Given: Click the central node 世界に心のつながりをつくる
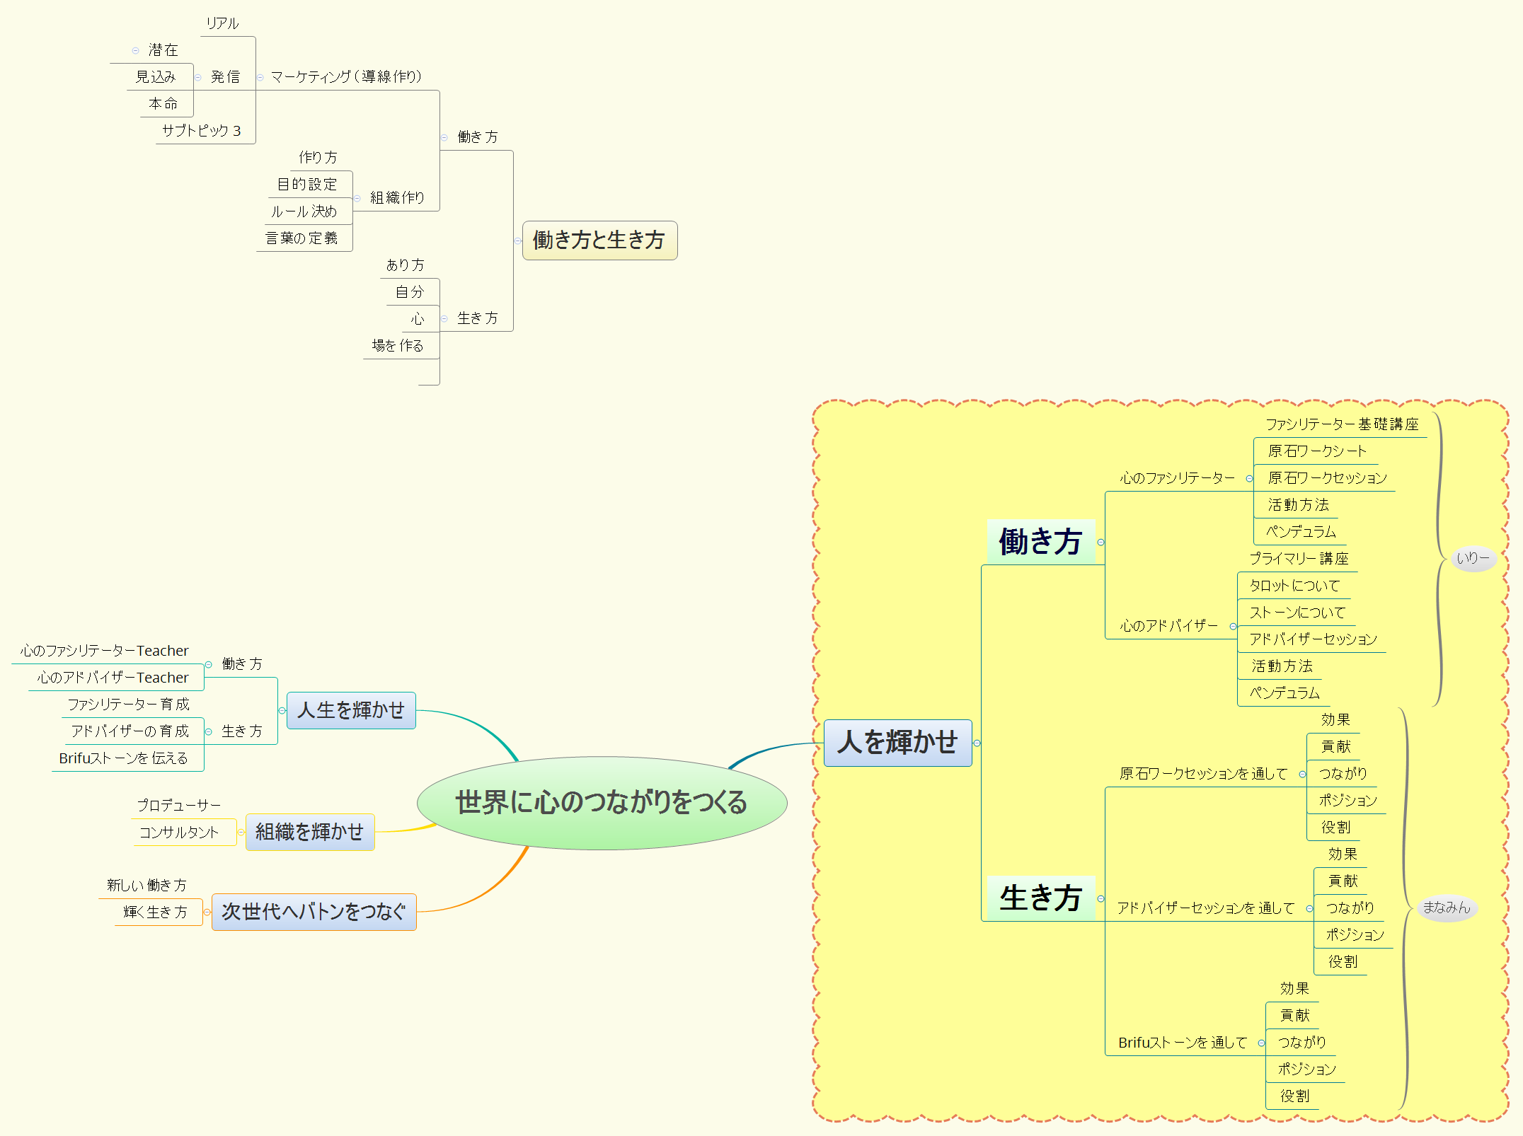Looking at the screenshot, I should (x=602, y=803).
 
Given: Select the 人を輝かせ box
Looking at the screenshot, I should (x=897, y=743).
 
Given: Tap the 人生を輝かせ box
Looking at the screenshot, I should (x=351, y=710).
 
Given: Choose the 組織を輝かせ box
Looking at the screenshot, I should (x=309, y=832).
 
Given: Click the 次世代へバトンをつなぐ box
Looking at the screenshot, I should (x=314, y=912).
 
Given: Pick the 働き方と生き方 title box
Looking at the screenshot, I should (x=599, y=240).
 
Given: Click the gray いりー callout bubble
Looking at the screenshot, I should (x=1473, y=558).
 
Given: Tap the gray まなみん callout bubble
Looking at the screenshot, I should (x=1447, y=908).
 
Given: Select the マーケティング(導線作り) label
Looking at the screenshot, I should (x=346, y=76).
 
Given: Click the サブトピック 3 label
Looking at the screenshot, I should (x=202, y=131).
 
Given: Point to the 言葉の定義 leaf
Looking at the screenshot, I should (x=301, y=238).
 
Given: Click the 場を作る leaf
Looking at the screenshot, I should (x=398, y=346).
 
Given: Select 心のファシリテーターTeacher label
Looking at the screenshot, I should (x=105, y=651).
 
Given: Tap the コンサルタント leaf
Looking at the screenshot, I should (x=179, y=833).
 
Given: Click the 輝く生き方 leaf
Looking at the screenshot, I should (x=156, y=912).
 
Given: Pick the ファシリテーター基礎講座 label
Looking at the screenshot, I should (x=1342, y=424).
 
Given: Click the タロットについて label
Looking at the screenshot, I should (x=1294, y=586).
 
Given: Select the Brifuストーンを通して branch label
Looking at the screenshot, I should (x=1183, y=1043).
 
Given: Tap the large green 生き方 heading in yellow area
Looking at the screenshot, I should (x=1040, y=898).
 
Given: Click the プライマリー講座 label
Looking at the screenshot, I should (x=1299, y=559).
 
